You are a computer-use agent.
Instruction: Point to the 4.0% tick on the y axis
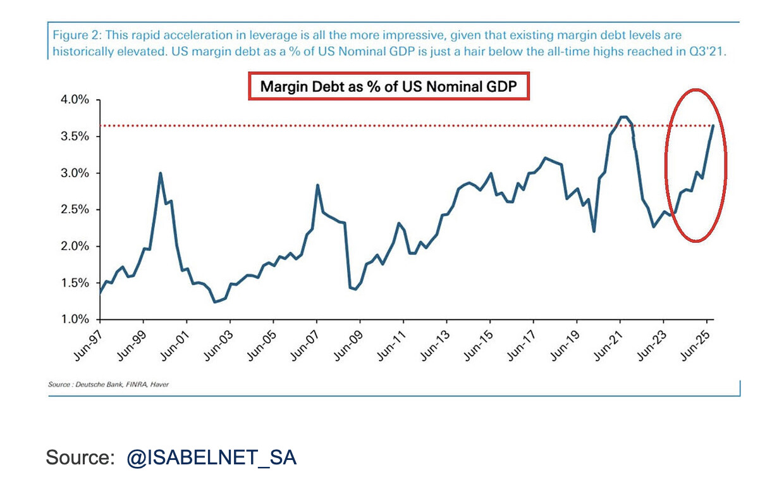point(75,100)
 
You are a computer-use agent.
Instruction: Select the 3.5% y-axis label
point(75,137)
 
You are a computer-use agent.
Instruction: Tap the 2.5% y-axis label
point(75,210)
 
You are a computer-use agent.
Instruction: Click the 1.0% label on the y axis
point(75,319)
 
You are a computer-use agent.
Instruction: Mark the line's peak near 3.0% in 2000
point(161,173)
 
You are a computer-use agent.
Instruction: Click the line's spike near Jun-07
point(317,185)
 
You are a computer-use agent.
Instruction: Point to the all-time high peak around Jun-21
point(623,116)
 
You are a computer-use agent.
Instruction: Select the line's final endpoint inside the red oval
point(713,125)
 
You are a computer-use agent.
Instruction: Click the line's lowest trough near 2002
point(215,302)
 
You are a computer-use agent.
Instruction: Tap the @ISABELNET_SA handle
point(211,457)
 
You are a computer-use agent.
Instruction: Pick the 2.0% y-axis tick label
point(75,247)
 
